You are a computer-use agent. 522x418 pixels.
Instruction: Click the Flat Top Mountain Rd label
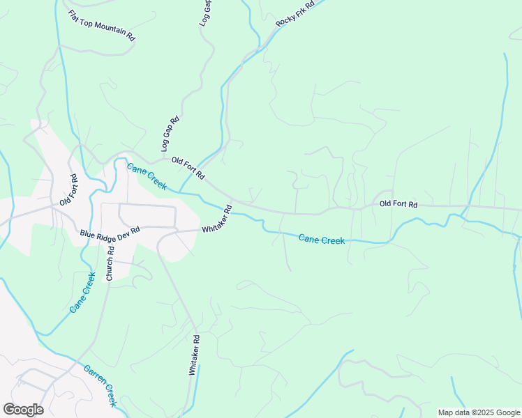coord(102,25)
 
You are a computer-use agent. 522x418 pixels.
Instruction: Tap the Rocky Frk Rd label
coord(295,13)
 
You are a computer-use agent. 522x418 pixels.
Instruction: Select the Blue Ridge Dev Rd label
coord(110,232)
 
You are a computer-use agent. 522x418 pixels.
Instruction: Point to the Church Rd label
coord(110,265)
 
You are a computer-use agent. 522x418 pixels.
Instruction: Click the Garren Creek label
coord(100,385)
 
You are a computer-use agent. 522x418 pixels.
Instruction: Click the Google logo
coord(23,410)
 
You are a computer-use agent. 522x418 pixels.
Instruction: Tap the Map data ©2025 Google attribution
coord(479,412)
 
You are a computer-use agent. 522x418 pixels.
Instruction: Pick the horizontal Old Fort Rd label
coord(398,204)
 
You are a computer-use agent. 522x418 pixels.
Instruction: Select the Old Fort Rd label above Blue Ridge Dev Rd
coord(68,190)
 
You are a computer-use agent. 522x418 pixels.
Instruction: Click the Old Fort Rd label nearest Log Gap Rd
coord(188,167)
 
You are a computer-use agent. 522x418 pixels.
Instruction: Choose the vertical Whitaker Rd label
coord(194,355)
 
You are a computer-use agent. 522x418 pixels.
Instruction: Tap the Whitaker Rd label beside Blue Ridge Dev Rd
coord(216,219)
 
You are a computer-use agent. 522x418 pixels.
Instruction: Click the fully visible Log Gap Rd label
coord(170,134)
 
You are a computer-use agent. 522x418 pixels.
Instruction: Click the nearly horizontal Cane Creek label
coord(322,239)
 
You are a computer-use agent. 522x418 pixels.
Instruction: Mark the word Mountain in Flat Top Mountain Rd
coord(108,29)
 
